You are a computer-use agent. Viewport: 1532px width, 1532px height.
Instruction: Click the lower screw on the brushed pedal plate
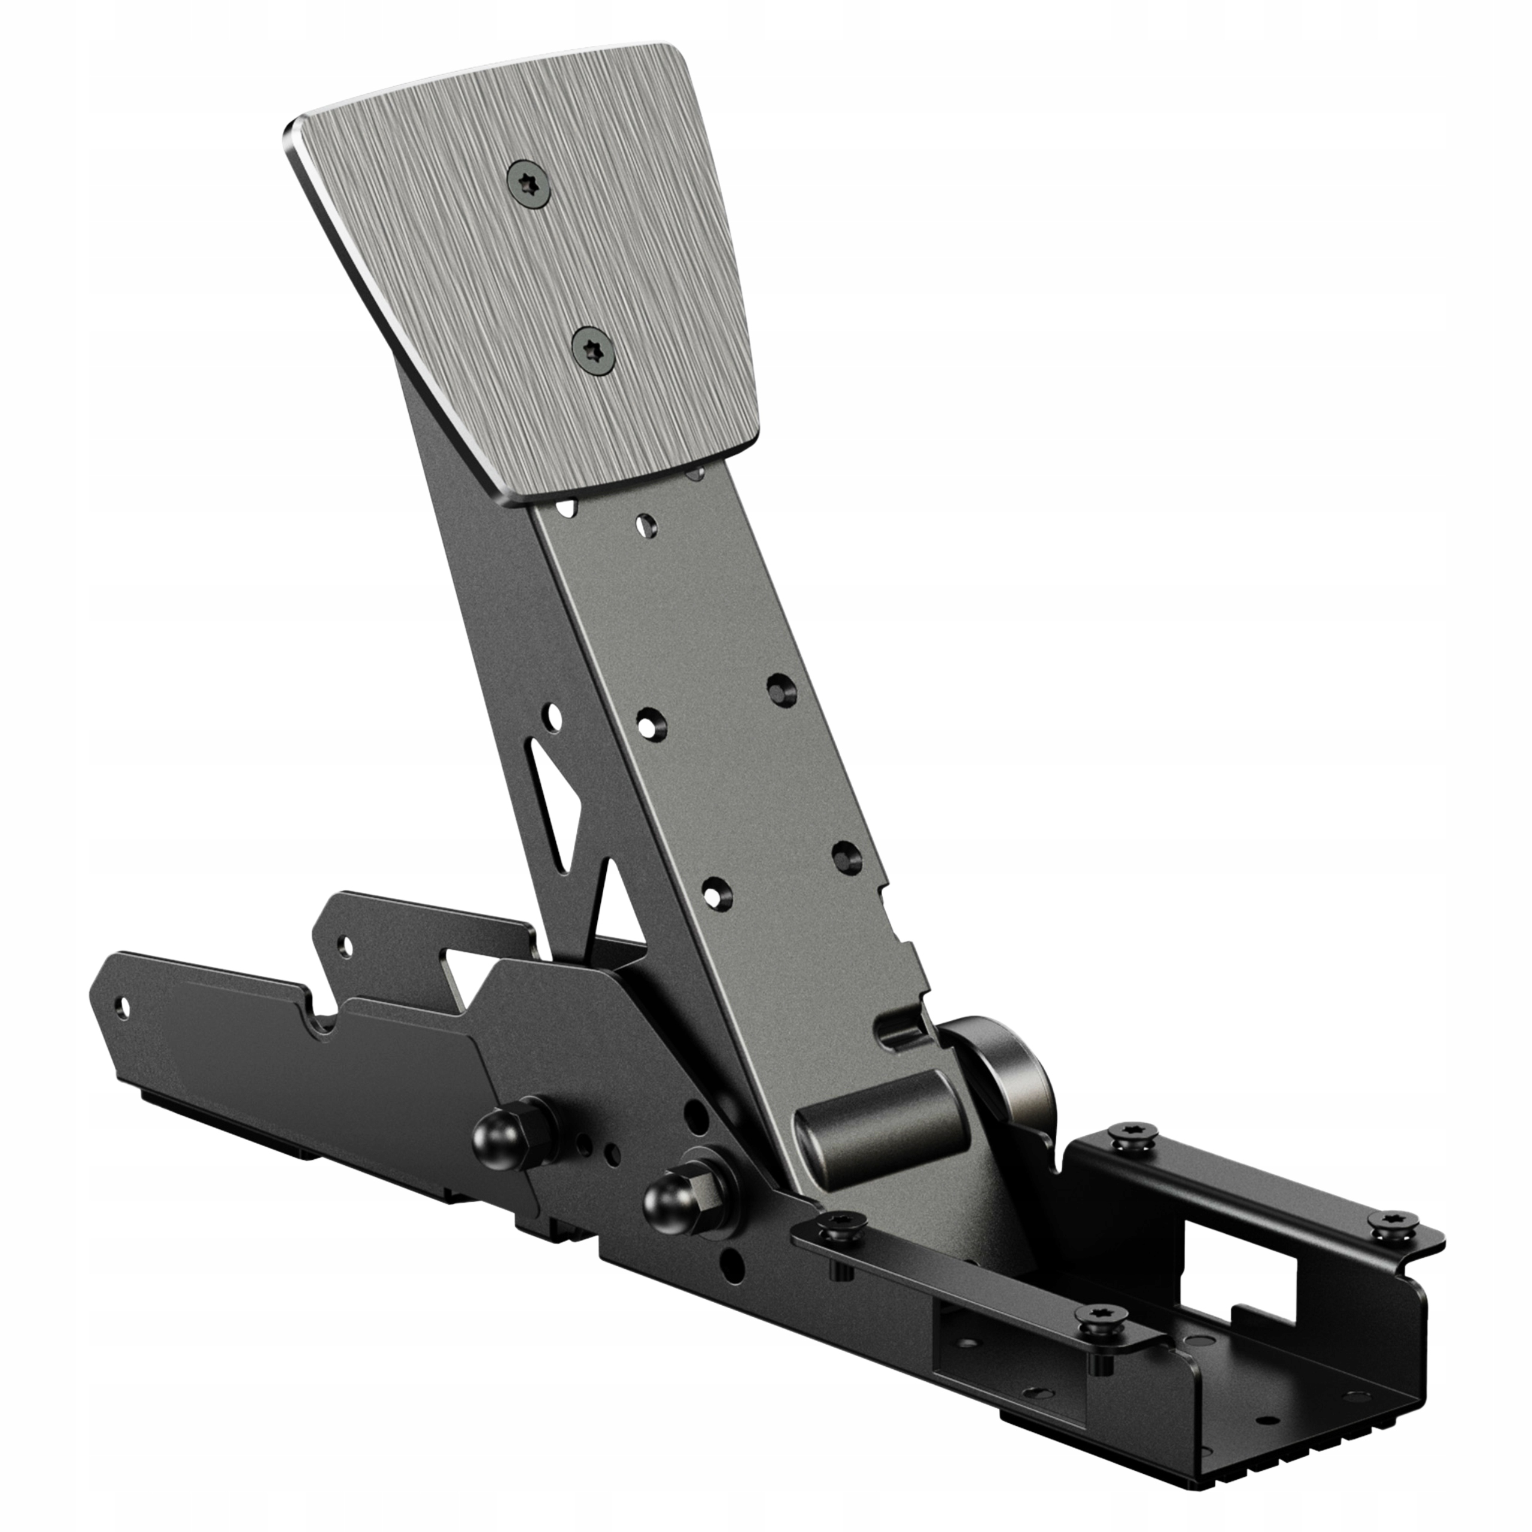click(594, 349)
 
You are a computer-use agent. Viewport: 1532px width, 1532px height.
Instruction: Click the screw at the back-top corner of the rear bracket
click(1132, 1135)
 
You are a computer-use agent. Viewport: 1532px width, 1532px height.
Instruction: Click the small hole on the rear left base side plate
click(344, 944)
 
